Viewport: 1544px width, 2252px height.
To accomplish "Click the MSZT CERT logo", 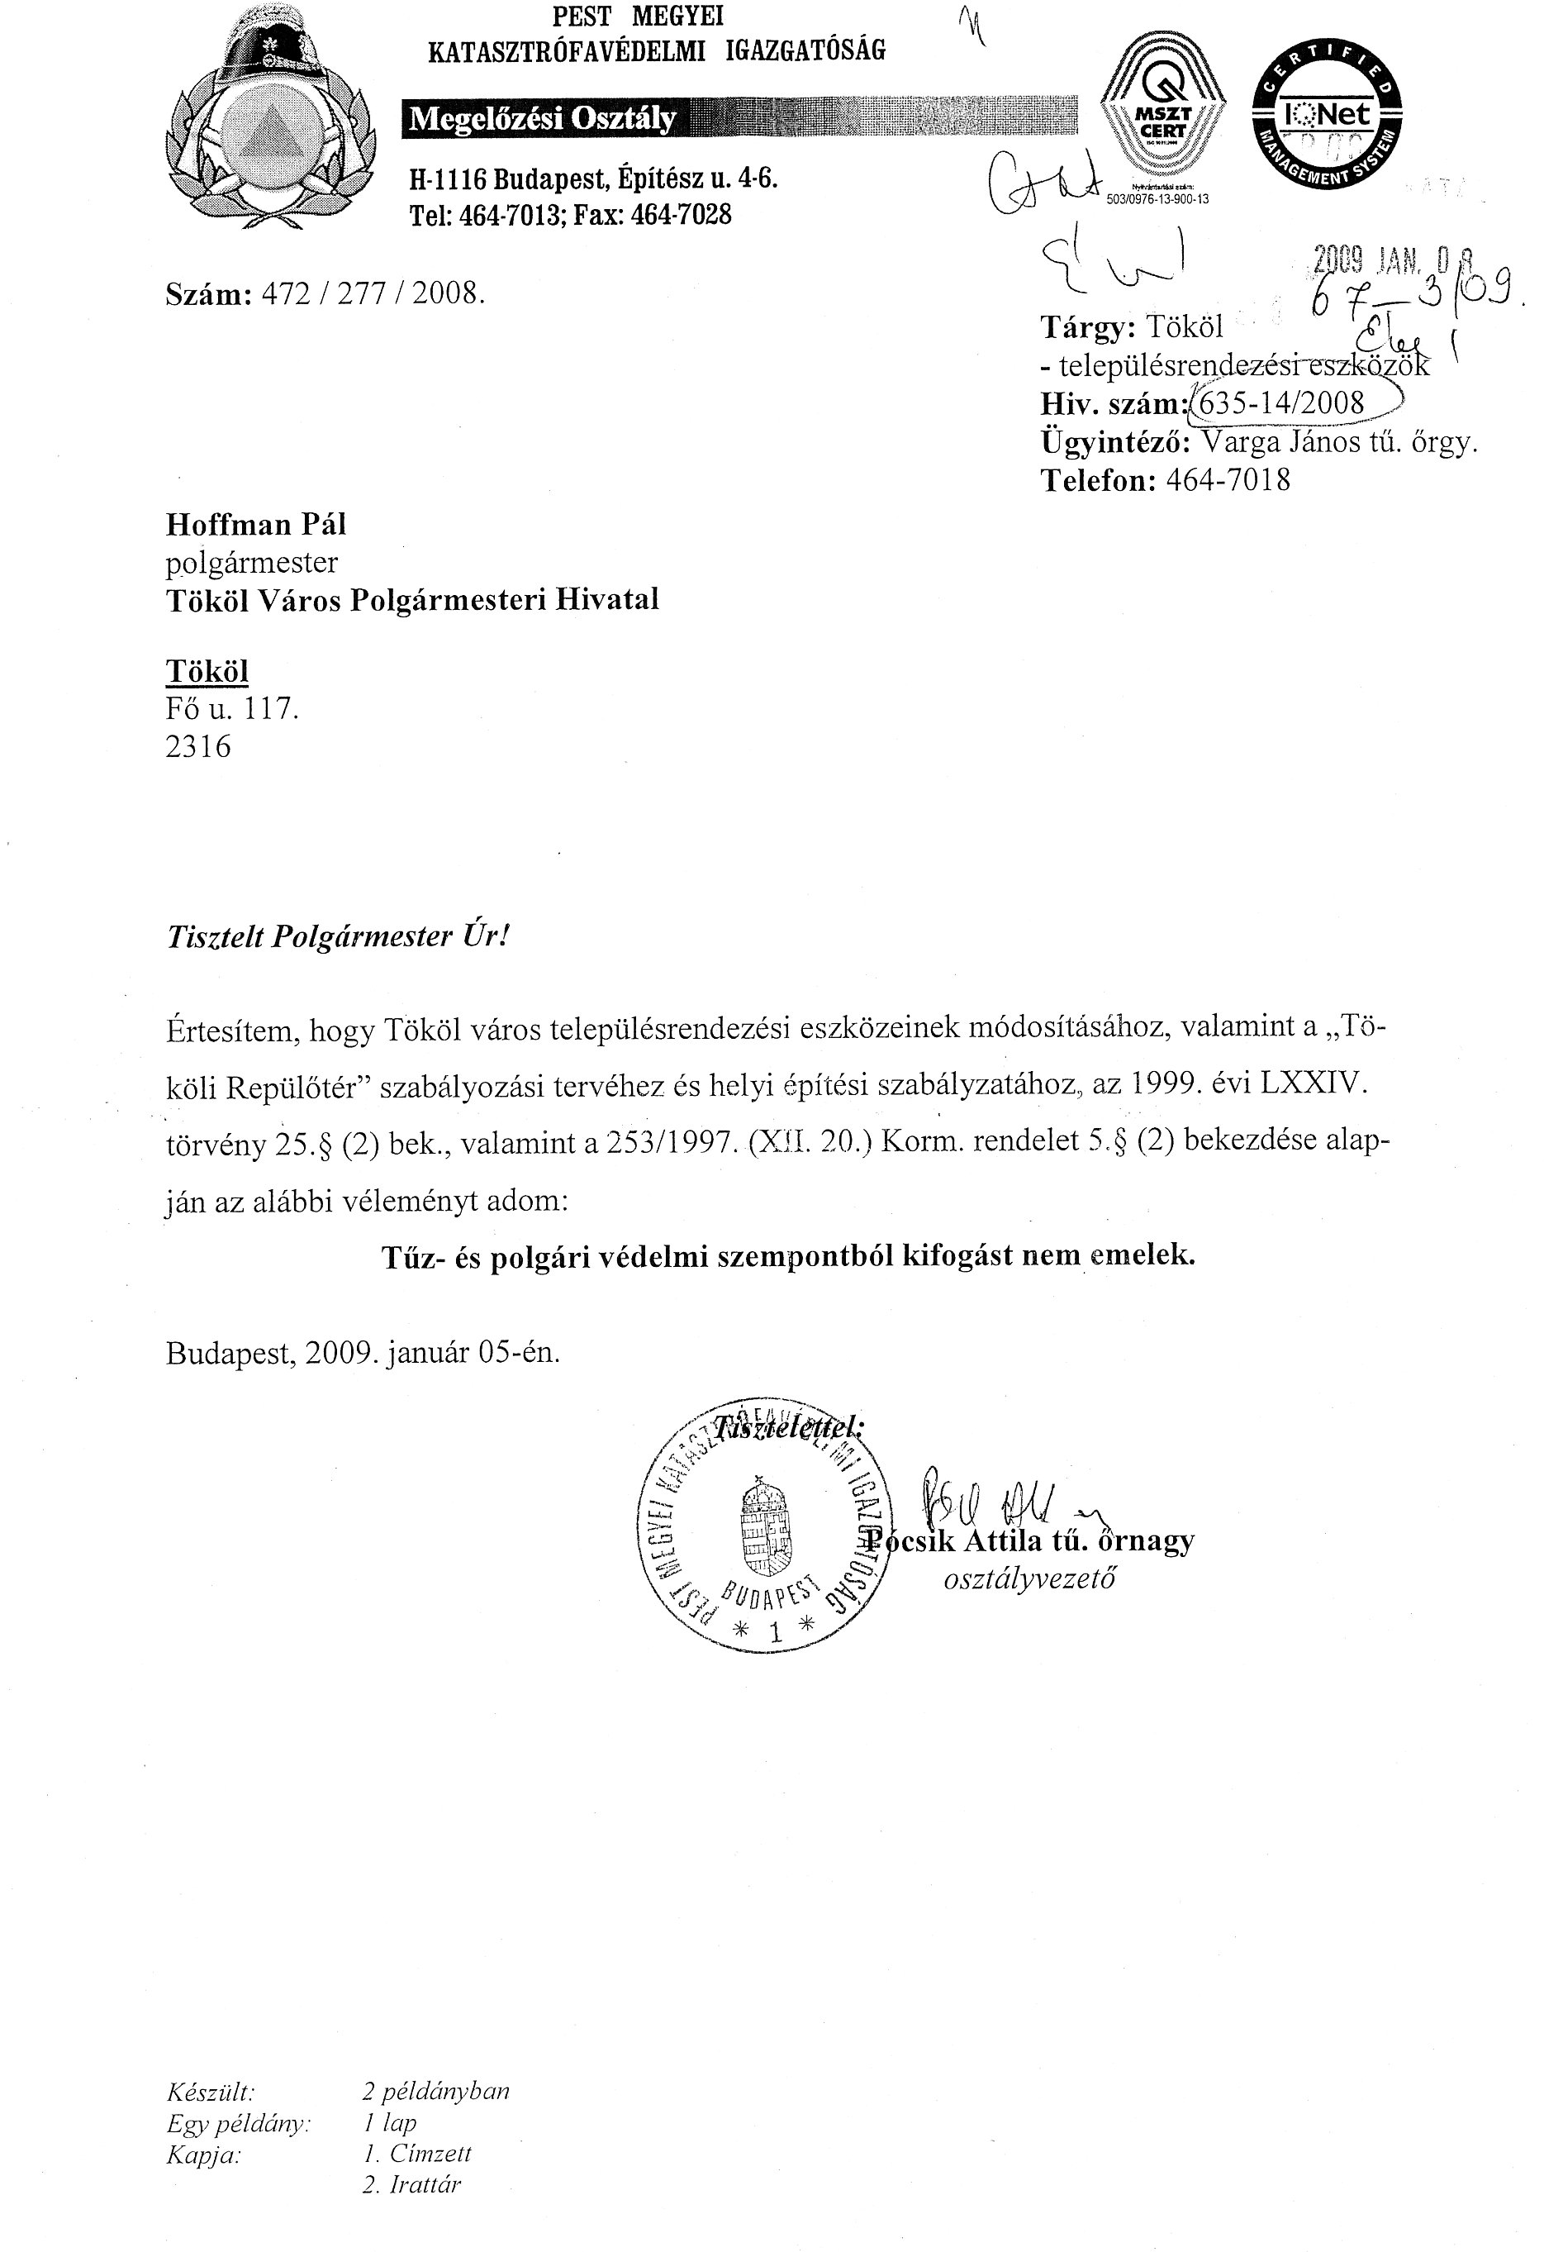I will click(x=1162, y=125).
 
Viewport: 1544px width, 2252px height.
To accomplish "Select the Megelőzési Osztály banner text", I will click(x=543, y=119).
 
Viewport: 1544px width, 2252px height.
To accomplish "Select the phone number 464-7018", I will click(x=1228, y=479).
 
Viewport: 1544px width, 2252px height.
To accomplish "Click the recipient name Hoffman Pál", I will click(x=256, y=524).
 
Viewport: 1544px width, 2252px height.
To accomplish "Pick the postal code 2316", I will click(x=198, y=746).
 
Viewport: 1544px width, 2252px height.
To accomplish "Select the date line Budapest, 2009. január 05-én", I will click(x=363, y=1352).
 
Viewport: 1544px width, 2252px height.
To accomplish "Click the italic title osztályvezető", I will click(x=1029, y=1579).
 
